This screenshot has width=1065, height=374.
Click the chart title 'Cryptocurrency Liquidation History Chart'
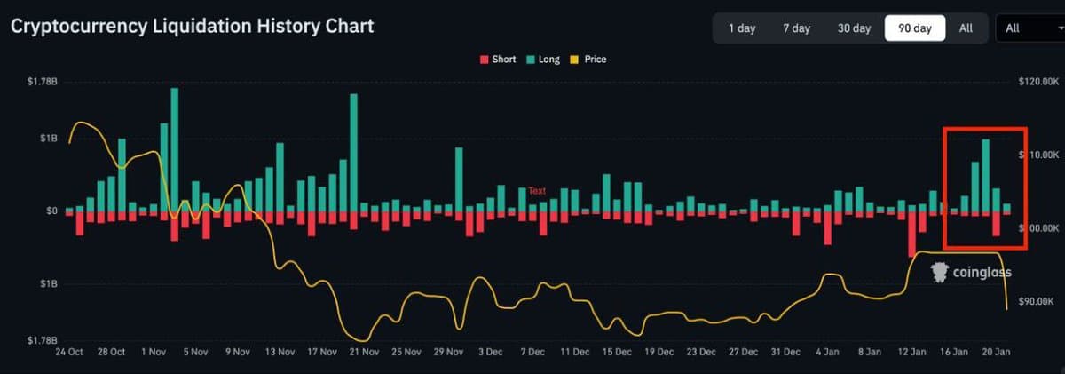pos(193,27)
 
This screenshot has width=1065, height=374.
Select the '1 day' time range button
pos(741,28)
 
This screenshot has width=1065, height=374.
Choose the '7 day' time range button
pos(796,28)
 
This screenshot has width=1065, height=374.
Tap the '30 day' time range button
pos(854,28)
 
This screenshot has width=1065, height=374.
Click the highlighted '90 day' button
pos(914,28)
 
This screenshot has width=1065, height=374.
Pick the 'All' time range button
pos(966,28)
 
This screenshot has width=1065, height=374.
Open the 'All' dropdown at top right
pos(1029,28)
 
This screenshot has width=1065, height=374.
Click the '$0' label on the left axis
pos(52,211)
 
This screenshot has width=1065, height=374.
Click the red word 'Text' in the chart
pos(537,191)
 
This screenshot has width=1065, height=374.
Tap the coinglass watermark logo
pos(970,272)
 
